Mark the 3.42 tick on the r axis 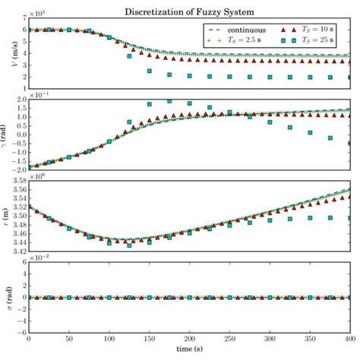(x=17, y=251)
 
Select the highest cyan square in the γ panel (x=169, y=101)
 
